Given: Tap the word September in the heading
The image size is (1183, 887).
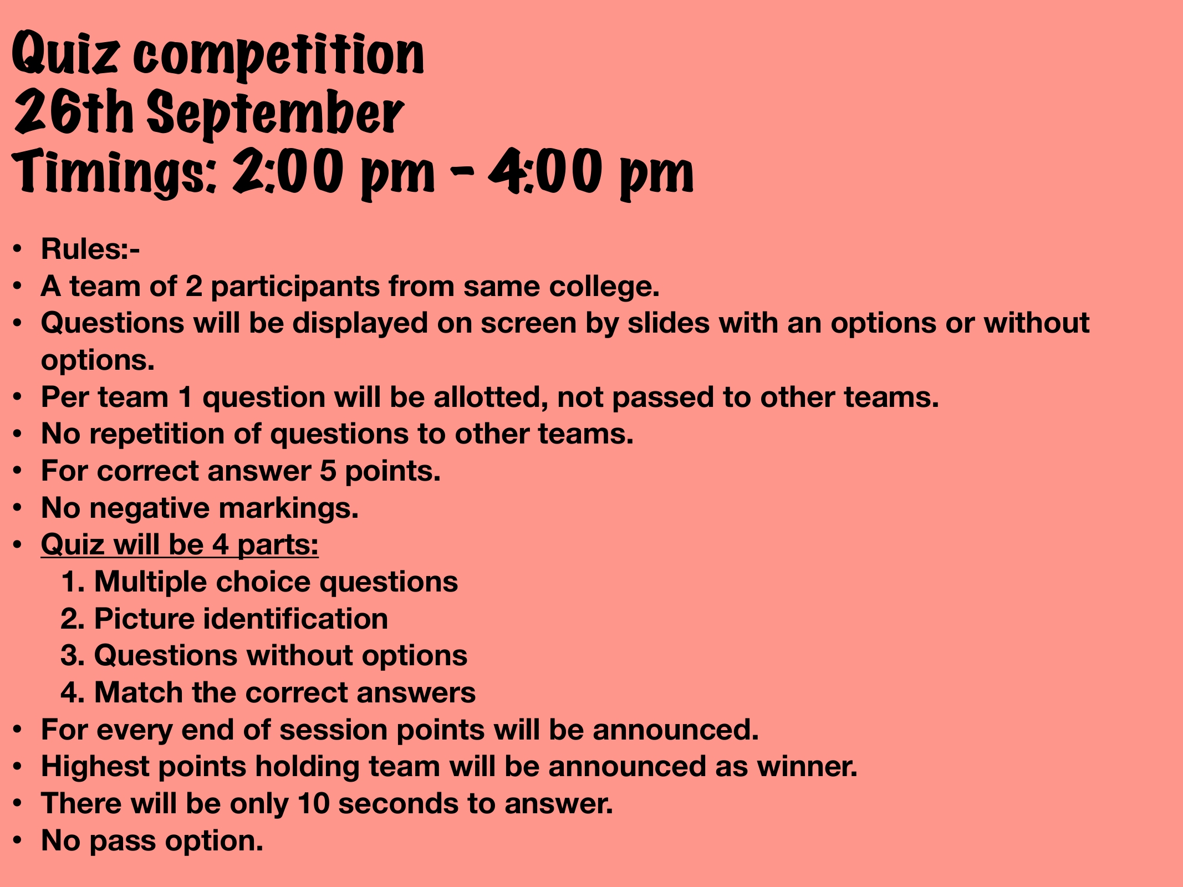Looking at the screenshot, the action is (x=275, y=114).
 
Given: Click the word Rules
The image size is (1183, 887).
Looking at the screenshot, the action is (x=85, y=249).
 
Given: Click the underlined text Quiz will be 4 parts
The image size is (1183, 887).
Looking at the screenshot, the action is (x=180, y=545).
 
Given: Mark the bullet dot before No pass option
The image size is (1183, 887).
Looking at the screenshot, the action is (x=18, y=840).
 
